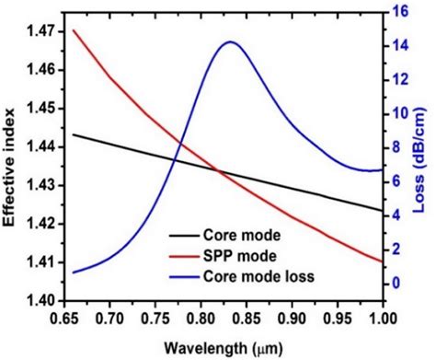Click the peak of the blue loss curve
tap(229, 42)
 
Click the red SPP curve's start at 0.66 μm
tap(73, 30)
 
